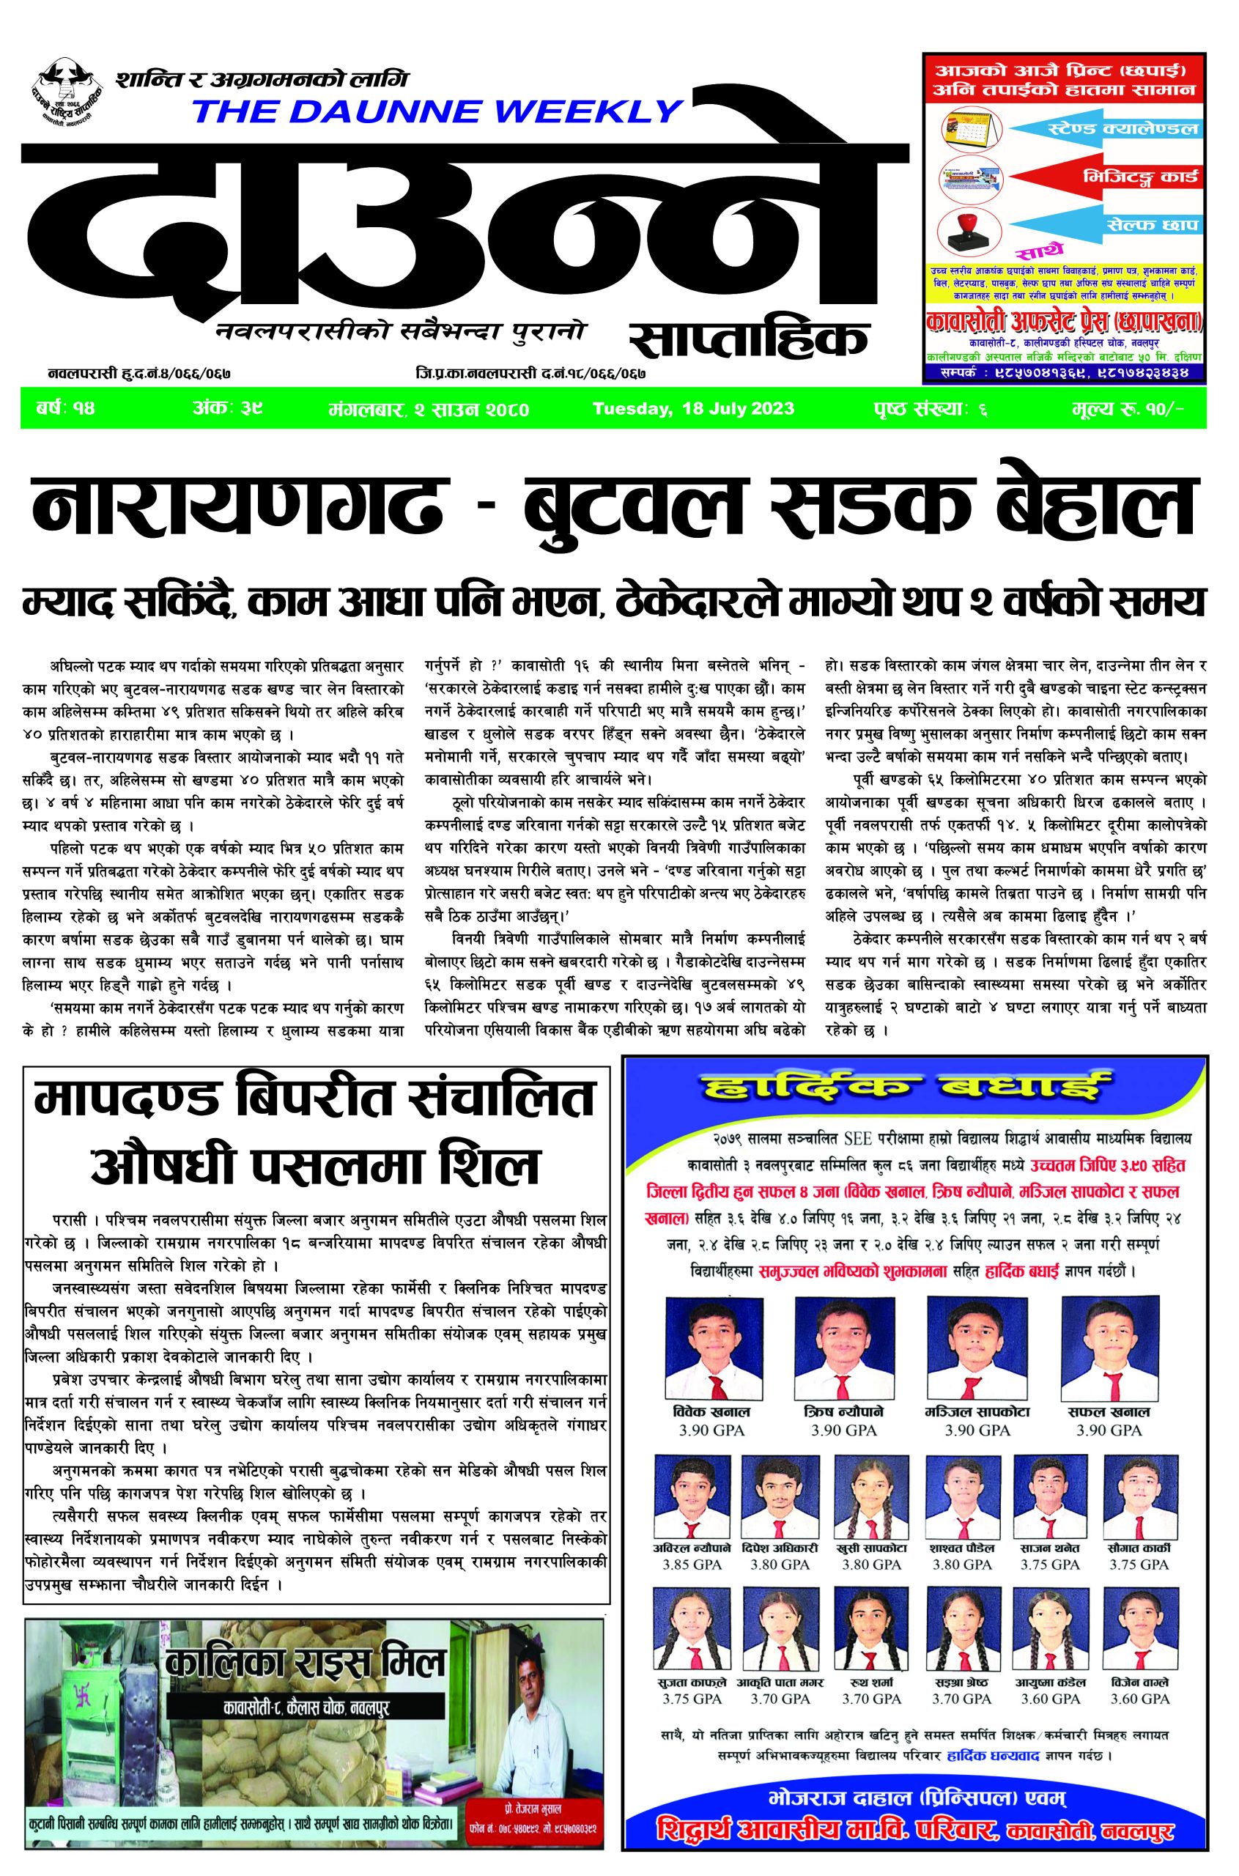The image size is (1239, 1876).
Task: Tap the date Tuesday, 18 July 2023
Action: pos(693,409)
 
